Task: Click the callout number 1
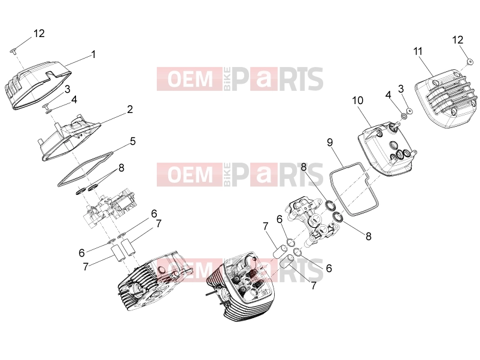[94, 54]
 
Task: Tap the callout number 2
[130, 109]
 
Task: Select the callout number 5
[132, 141]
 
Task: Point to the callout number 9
[330, 142]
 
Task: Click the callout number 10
[357, 100]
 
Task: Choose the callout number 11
[418, 51]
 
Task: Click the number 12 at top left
[39, 33]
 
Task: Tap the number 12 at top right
[458, 39]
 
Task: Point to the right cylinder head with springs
[241, 287]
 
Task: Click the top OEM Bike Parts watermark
[240, 79]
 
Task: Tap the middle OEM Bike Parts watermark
[240, 175]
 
